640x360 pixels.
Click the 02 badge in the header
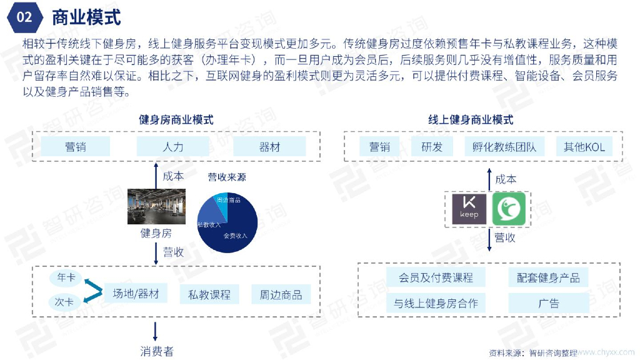(x=24, y=17)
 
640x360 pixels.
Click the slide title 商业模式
(x=86, y=17)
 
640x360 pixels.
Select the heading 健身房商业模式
(x=176, y=119)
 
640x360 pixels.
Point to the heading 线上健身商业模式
(x=471, y=119)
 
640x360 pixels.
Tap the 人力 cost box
(x=172, y=147)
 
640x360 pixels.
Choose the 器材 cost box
(x=269, y=147)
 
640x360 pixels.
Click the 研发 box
(x=432, y=147)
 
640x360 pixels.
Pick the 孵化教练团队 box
(x=504, y=147)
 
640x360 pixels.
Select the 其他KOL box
(x=584, y=147)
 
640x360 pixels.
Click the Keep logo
(x=469, y=209)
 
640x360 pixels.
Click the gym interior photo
(x=157, y=206)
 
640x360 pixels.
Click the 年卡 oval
(x=66, y=276)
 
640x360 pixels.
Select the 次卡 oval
(x=64, y=302)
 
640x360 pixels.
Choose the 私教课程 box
(x=209, y=294)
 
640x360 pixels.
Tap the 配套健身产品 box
(x=548, y=278)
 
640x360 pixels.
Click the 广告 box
(x=548, y=304)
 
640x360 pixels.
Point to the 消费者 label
(x=156, y=351)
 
